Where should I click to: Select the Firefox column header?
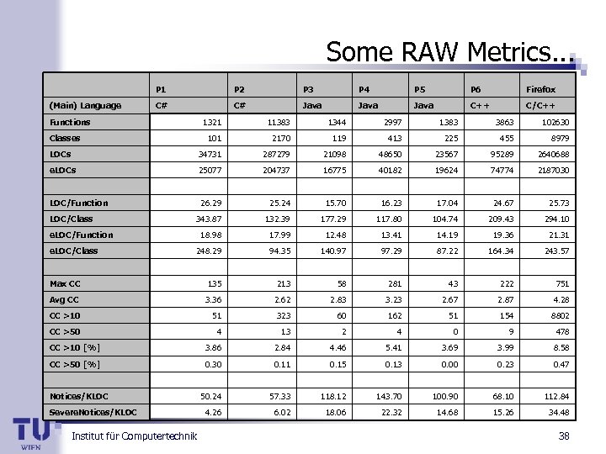click(x=540, y=89)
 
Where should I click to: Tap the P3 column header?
click(x=309, y=89)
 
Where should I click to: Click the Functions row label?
click(x=70, y=122)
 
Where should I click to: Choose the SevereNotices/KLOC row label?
click(x=93, y=411)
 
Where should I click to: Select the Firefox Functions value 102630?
click(x=555, y=122)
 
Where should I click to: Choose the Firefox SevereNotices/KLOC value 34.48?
click(x=558, y=411)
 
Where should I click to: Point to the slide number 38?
click(x=563, y=435)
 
